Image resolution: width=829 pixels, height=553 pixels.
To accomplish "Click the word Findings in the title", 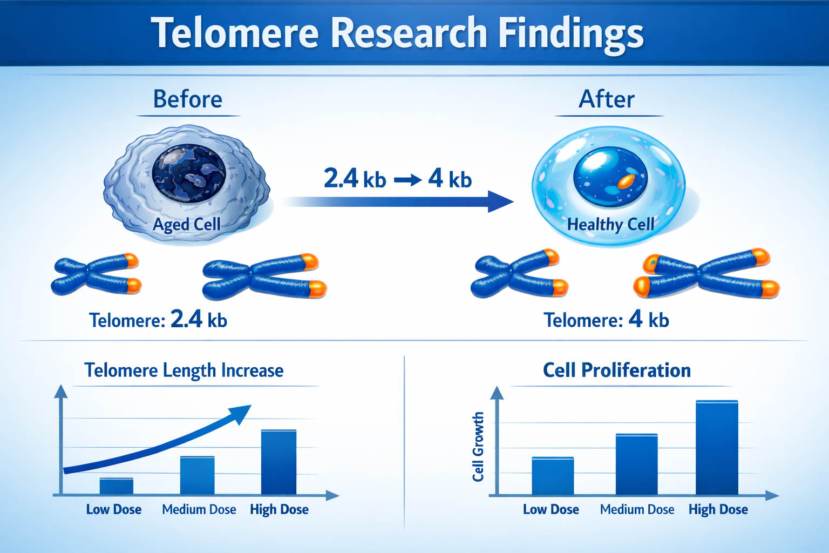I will click(570, 33).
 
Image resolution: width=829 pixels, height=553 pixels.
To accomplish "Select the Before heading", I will click(187, 99).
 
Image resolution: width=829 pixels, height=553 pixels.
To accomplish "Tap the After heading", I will click(607, 99).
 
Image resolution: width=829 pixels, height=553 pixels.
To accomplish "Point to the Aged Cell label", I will click(187, 224).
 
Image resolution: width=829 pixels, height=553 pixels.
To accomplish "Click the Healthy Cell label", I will click(610, 224).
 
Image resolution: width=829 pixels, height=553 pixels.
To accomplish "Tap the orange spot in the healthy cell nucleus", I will click(626, 181).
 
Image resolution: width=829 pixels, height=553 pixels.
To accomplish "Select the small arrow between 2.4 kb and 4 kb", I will click(407, 180).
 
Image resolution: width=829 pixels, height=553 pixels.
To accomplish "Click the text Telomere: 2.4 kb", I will click(158, 320).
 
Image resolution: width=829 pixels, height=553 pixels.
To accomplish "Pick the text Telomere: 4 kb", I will click(606, 320).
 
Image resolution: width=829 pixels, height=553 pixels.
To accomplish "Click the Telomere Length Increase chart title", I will click(184, 370).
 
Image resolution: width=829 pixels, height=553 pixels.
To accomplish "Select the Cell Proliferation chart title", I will click(616, 370).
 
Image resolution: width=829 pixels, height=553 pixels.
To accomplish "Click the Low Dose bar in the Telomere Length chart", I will click(116, 486).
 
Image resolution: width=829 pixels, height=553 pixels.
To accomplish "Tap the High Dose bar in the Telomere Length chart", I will click(278, 462).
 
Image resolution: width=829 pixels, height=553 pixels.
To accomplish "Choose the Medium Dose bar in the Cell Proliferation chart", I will click(636, 464).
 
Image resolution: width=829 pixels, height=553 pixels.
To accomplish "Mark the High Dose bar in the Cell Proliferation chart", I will click(717, 448).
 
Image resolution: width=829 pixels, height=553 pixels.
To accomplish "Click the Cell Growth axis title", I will click(478, 447).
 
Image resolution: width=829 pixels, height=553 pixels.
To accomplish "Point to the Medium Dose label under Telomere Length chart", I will click(199, 509).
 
